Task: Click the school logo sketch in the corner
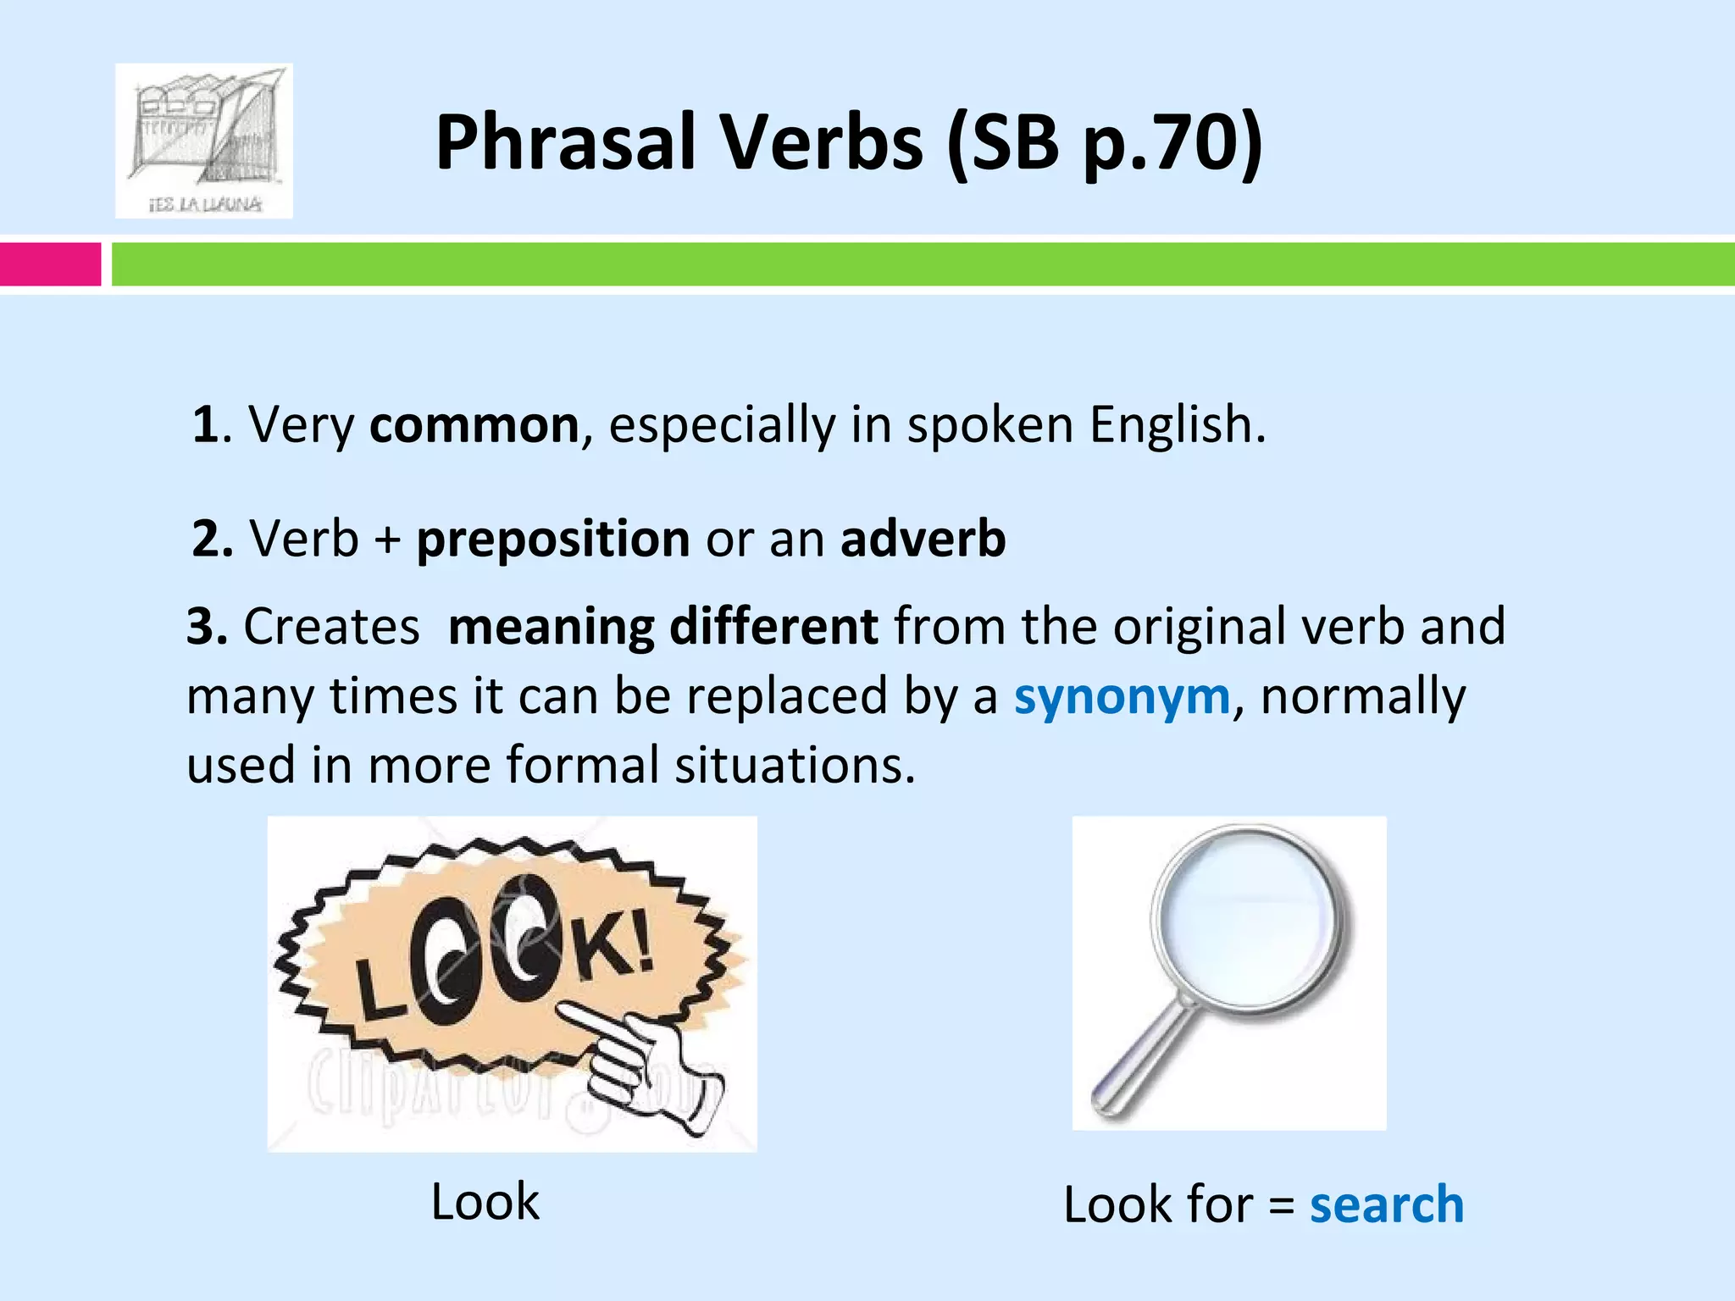point(204,141)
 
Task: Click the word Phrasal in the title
point(563,144)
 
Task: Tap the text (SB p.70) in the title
point(1104,144)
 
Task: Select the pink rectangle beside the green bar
point(49,264)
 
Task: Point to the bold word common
point(474,425)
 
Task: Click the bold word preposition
point(553,540)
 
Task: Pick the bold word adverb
point(923,539)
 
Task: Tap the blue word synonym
point(1122,697)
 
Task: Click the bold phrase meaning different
point(663,628)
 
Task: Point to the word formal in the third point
point(582,766)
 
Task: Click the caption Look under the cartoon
point(485,1202)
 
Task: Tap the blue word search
point(1386,1205)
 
